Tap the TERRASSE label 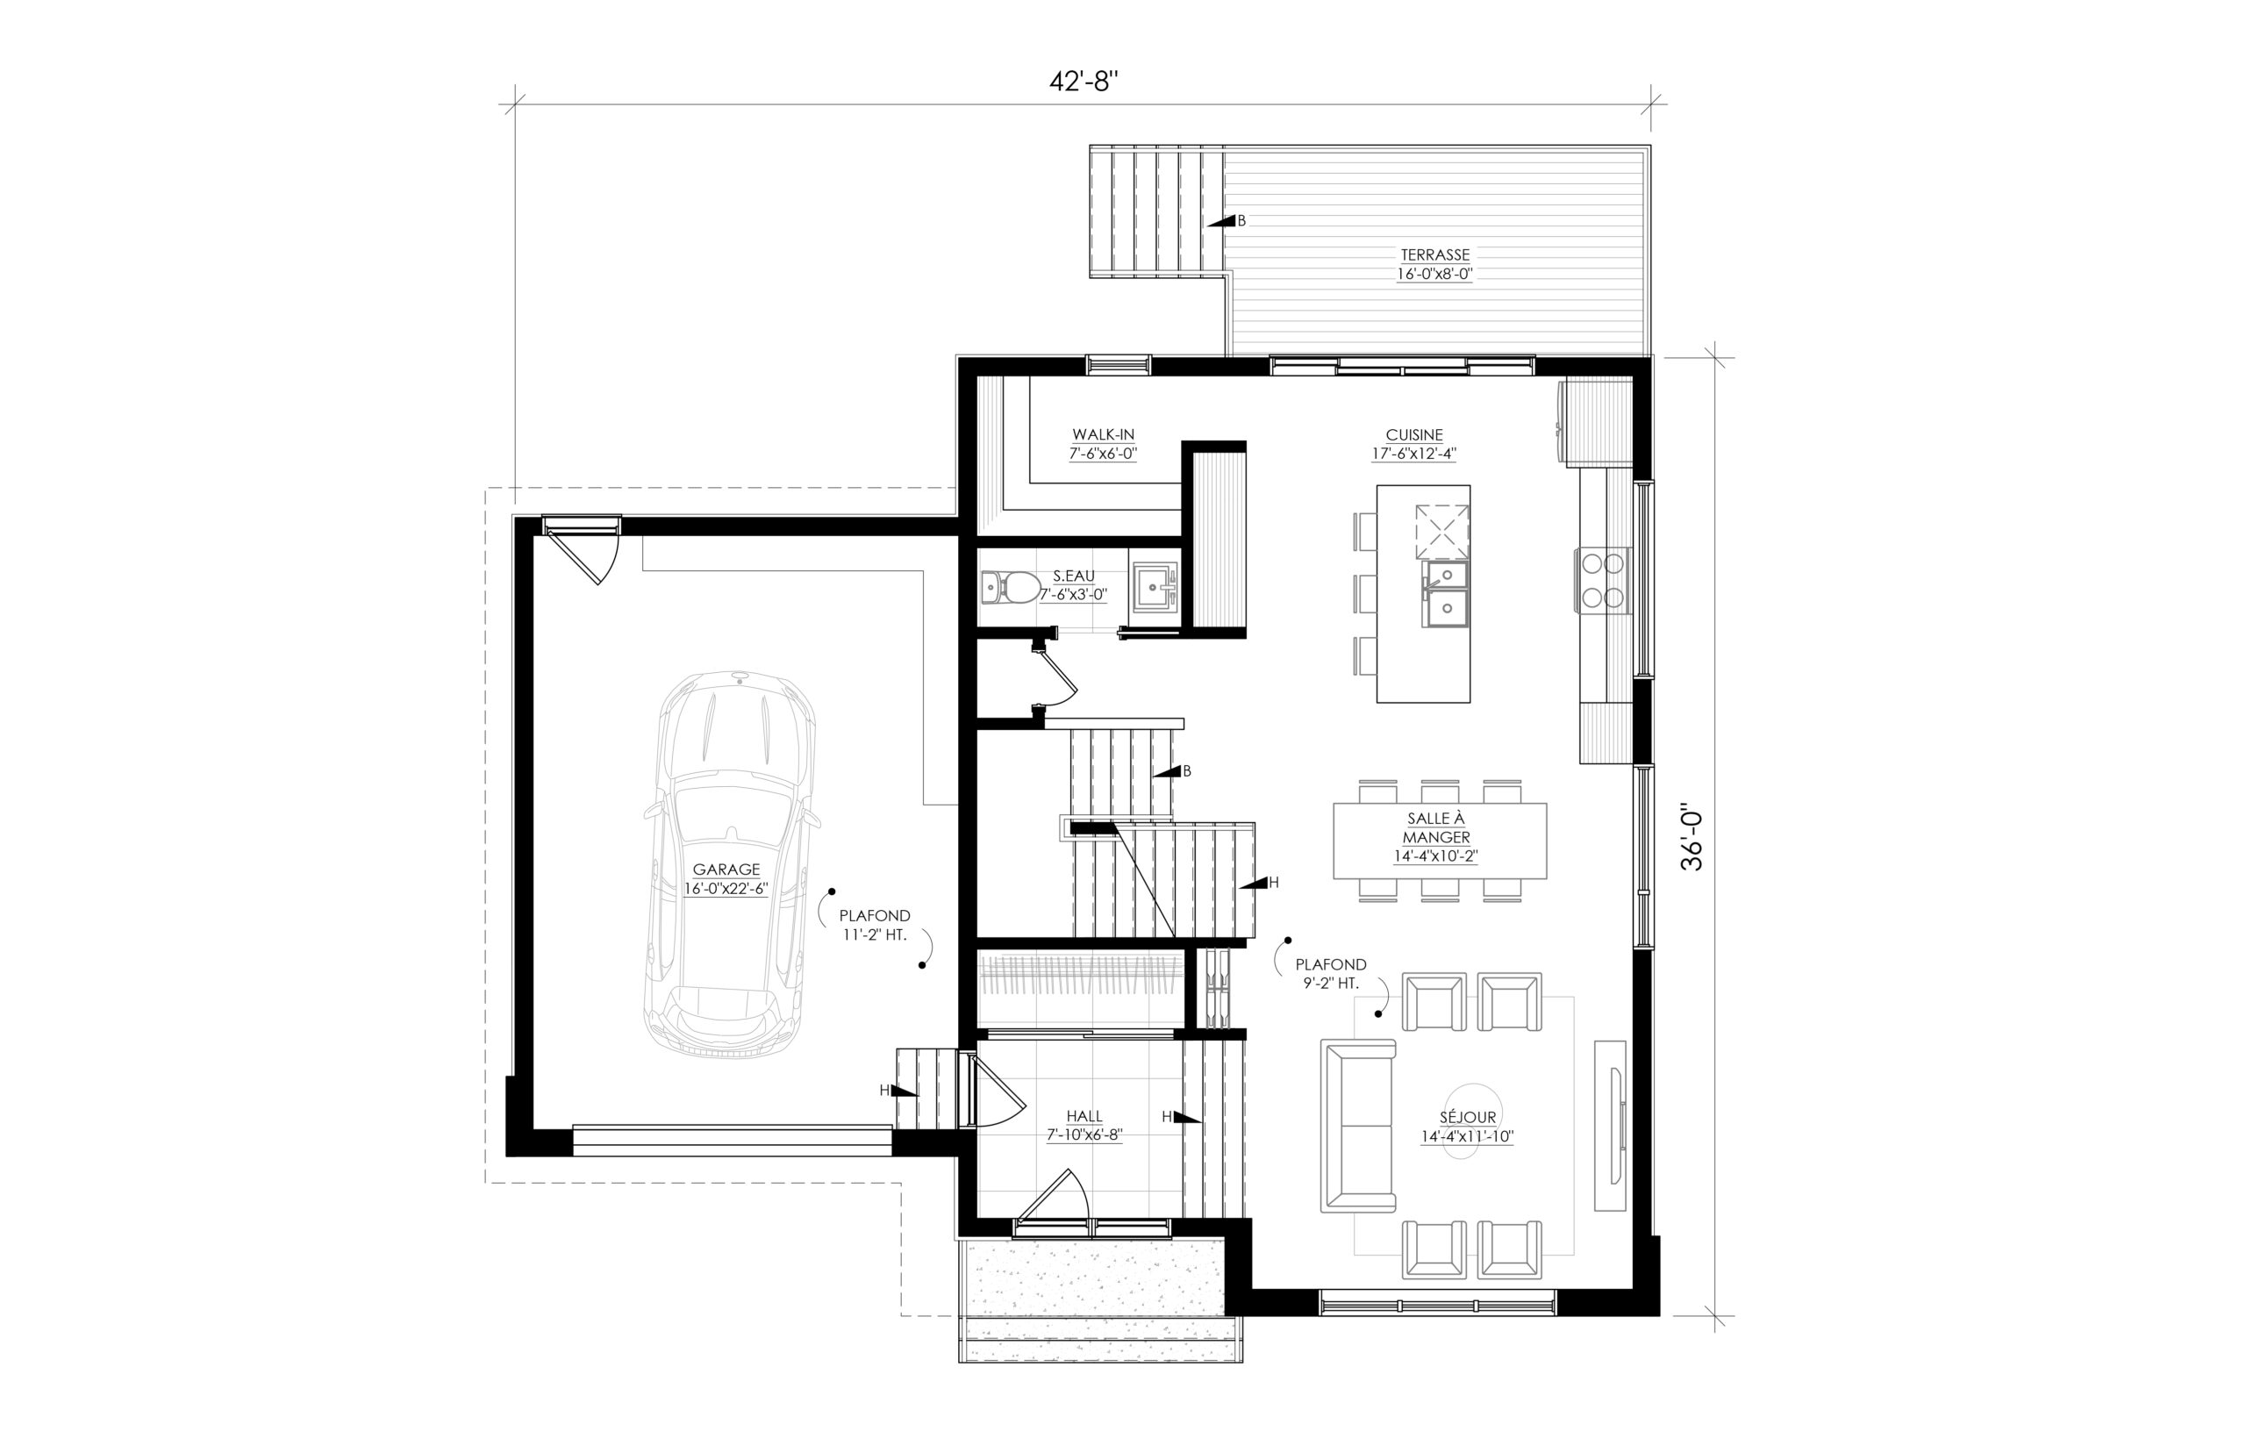pyautogui.click(x=1434, y=254)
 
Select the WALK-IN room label pyautogui.click(x=1103, y=435)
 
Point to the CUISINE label pyautogui.click(x=1414, y=435)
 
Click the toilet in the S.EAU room pyautogui.click(x=1006, y=587)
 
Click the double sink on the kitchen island pyautogui.click(x=1445, y=593)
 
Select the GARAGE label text pyautogui.click(x=726, y=870)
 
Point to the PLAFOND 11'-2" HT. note pyautogui.click(x=876, y=924)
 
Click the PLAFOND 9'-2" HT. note pyautogui.click(x=1330, y=974)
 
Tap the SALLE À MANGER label pyautogui.click(x=1435, y=828)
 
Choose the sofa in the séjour pyautogui.click(x=1357, y=1126)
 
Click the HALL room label pyautogui.click(x=1084, y=1116)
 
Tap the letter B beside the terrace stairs pyautogui.click(x=1241, y=221)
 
